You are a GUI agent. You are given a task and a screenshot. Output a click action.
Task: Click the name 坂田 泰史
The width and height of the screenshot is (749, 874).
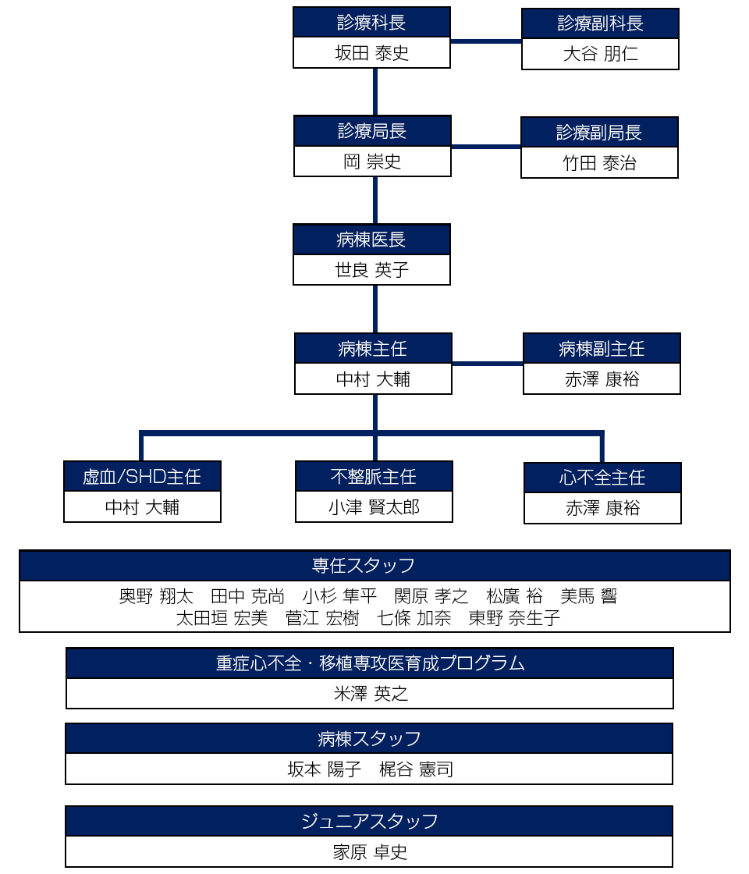[371, 53]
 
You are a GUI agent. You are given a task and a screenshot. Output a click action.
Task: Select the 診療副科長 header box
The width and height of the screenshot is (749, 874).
[600, 23]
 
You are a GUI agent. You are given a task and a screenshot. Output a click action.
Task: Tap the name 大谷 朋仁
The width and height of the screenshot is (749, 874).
[600, 55]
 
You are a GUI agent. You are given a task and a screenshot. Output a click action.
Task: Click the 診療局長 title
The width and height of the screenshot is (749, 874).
[372, 131]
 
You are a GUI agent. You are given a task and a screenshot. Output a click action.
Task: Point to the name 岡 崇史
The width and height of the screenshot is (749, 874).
[372, 162]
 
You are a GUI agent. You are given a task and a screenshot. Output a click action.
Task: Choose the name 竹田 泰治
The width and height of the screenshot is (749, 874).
[599, 163]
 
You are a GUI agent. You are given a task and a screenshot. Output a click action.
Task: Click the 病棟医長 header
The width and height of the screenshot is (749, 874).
[371, 240]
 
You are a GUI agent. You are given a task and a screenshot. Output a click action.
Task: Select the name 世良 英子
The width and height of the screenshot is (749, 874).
[371, 270]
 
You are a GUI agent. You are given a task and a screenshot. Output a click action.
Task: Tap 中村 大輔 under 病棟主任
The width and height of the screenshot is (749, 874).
[373, 379]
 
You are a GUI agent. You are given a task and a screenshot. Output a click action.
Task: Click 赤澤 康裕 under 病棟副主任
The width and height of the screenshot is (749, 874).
[602, 379]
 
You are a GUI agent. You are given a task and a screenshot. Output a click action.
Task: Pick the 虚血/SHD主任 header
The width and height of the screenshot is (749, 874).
[142, 476]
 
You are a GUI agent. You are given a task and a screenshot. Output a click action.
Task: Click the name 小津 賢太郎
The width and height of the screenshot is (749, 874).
[374, 507]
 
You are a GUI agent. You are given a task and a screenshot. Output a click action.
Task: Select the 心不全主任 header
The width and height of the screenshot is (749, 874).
[602, 478]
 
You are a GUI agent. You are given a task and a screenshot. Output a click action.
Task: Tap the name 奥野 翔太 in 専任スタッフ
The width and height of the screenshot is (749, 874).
[156, 597]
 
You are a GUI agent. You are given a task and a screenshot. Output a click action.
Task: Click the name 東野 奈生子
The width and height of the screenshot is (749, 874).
[514, 618]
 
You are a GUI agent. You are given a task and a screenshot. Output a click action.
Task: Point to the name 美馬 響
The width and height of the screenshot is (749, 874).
[589, 597]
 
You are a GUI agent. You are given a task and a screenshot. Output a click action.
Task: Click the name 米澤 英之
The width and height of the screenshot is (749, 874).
[371, 694]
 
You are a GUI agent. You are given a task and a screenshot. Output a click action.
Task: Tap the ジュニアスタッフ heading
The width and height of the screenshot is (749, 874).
[369, 821]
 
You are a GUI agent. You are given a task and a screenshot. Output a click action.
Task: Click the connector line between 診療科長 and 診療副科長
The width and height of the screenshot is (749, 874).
[486, 41]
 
